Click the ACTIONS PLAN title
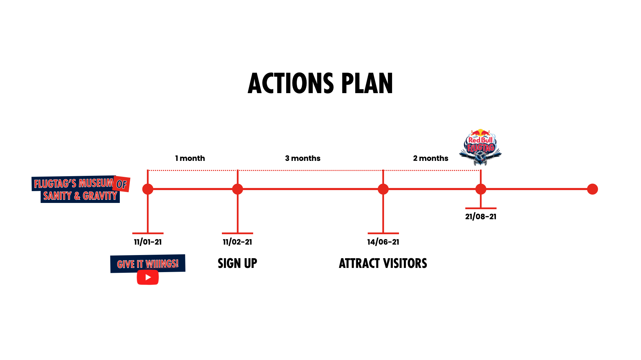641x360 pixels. [320, 84]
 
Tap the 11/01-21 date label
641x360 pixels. [148, 242]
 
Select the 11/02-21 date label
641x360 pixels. [238, 242]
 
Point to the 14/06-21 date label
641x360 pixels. [383, 242]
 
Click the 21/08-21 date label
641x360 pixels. [481, 217]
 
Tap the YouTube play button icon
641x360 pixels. [148, 277]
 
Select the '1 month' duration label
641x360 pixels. [190, 158]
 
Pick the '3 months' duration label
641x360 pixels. [303, 158]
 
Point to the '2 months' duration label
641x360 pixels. [431, 158]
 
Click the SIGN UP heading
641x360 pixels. [238, 263]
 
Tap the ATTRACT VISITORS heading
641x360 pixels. [383, 263]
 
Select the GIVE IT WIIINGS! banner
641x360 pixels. [148, 264]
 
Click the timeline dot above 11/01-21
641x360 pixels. [148, 189]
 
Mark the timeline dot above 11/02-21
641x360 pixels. [238, 189]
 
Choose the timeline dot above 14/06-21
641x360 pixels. [383, 189]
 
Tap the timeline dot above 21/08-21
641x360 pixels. [481, 189]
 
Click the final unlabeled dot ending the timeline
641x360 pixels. [592, 189]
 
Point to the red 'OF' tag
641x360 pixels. [122, 184]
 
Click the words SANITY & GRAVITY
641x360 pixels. [80, 196]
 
